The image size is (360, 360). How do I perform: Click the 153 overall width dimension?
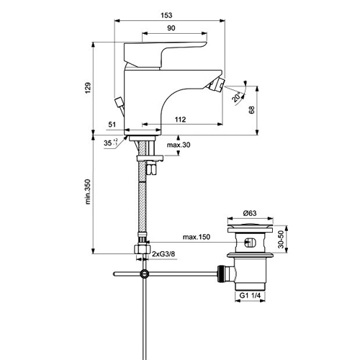tap(166, 15)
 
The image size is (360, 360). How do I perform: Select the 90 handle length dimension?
tap(171, 28)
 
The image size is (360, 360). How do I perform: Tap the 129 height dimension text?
tap(88, 88)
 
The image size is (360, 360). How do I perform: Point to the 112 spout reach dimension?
tap(180, 120)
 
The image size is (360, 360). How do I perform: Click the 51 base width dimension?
tap(112, 125)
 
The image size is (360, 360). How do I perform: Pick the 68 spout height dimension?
tap(251, 110)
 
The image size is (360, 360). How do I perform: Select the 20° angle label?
tap(236, 96)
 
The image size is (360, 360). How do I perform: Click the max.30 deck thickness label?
tap(179, 145)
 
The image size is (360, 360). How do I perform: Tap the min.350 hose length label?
tap(88, 192)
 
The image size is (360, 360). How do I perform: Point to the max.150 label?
tap(197, 237)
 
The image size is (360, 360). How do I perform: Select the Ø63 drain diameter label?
tap(250, 213)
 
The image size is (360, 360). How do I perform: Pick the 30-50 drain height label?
tap(280, 240)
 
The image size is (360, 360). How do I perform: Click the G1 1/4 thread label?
tap(250, 295)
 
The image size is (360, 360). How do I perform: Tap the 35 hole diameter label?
tap(110, 143)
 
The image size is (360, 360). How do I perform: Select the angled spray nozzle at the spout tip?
tap(216, 86)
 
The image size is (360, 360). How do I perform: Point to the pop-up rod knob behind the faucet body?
tap(120, 102)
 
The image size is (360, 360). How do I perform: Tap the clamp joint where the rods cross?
tap(145, 274)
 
